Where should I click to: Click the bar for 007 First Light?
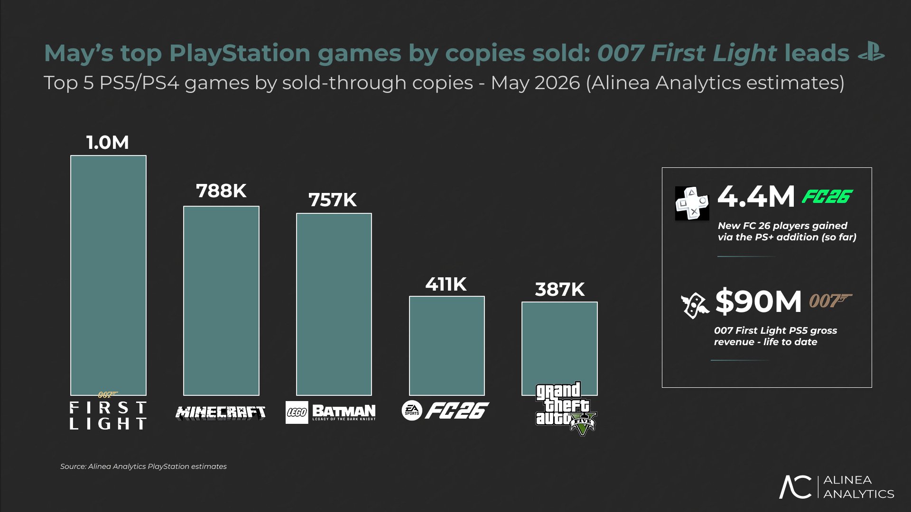(108, 275)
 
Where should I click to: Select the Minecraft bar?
(221, 301)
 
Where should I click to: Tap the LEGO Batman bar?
(334, 304)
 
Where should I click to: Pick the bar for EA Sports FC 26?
(447, 346)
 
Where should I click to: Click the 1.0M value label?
(108, 142)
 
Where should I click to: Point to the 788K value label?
(221, 191)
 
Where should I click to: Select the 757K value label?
(333, 200)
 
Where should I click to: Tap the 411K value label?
(446, 284)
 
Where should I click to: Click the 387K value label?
(560, 289)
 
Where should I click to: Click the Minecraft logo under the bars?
(221, 413)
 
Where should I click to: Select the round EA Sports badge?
(411, 411)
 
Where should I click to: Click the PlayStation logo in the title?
(871, 52)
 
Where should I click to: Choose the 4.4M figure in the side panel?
(756, 196)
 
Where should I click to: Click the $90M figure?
(758, 301)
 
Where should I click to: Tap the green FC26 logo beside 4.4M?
(827, 196)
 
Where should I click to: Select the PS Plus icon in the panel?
(692, 203)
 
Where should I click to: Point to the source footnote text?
(143, 466)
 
